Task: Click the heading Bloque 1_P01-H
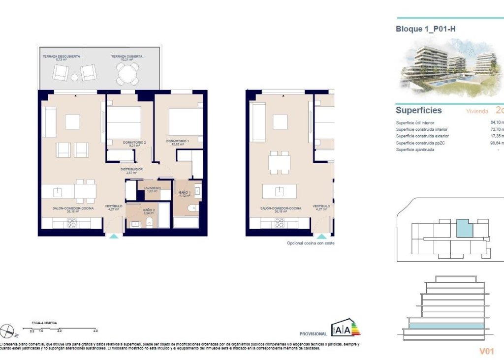[x=425, y=29]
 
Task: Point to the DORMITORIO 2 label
[x=134, y=144]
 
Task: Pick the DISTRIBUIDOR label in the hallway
[x=131, y=171]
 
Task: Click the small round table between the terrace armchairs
[x=74, y=77]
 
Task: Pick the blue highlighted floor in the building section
[x=445, y=326]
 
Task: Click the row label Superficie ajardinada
[x=415, y=150]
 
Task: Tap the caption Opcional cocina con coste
[x=310, y=243]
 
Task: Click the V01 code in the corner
[x=486, y=351]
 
